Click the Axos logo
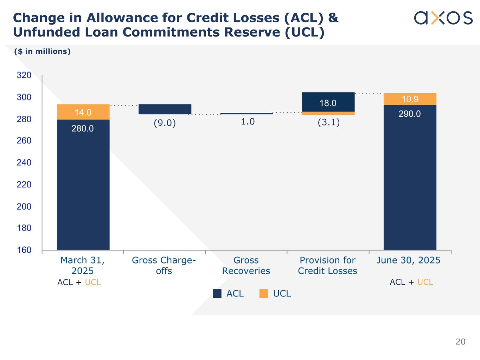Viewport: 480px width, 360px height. coord(443,18)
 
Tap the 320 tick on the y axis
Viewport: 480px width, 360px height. coord(24,75)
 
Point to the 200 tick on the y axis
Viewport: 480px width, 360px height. coord(24,206)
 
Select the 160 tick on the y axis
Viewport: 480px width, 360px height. coord(24,250)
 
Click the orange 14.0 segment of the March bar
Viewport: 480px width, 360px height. coord(83,112)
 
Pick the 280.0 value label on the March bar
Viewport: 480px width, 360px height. coord(83,129)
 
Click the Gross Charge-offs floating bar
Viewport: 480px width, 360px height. coord(165,109)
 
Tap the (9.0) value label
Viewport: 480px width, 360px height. coord(165,123)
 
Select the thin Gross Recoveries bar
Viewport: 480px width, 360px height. coord(247,114)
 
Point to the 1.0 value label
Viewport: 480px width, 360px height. coord(248,122)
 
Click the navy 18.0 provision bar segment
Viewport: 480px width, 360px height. coord(328,102)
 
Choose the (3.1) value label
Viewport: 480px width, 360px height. coord(328,123)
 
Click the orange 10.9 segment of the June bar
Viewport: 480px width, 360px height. coord(410,99)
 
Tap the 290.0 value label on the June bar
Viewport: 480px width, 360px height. coord(410,114)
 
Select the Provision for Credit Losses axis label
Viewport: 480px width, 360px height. coord(327,265)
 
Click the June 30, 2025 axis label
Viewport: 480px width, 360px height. coord(408,260)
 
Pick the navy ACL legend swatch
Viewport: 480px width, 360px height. coord(217,294)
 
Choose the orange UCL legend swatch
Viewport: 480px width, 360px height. coord(263,294)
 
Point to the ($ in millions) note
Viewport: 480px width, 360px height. coord(42,51)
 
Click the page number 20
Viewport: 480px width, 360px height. coord(460,342)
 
